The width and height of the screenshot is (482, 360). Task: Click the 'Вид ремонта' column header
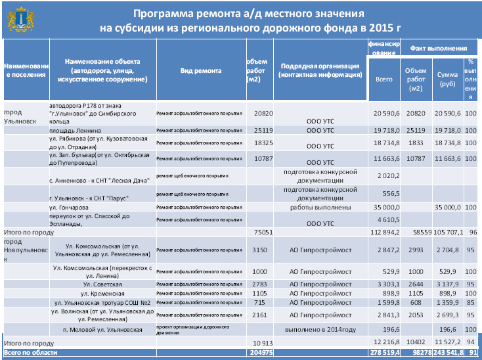pyautogui.click(x=200, y=71)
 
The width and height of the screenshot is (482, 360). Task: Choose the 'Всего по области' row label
pyautogui.click(x=31, y=353)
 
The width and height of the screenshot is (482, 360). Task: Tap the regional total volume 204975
pyautogui.click(x=261, y=353)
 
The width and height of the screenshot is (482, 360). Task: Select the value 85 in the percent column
pyautogui.click(x=471, y=303)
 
